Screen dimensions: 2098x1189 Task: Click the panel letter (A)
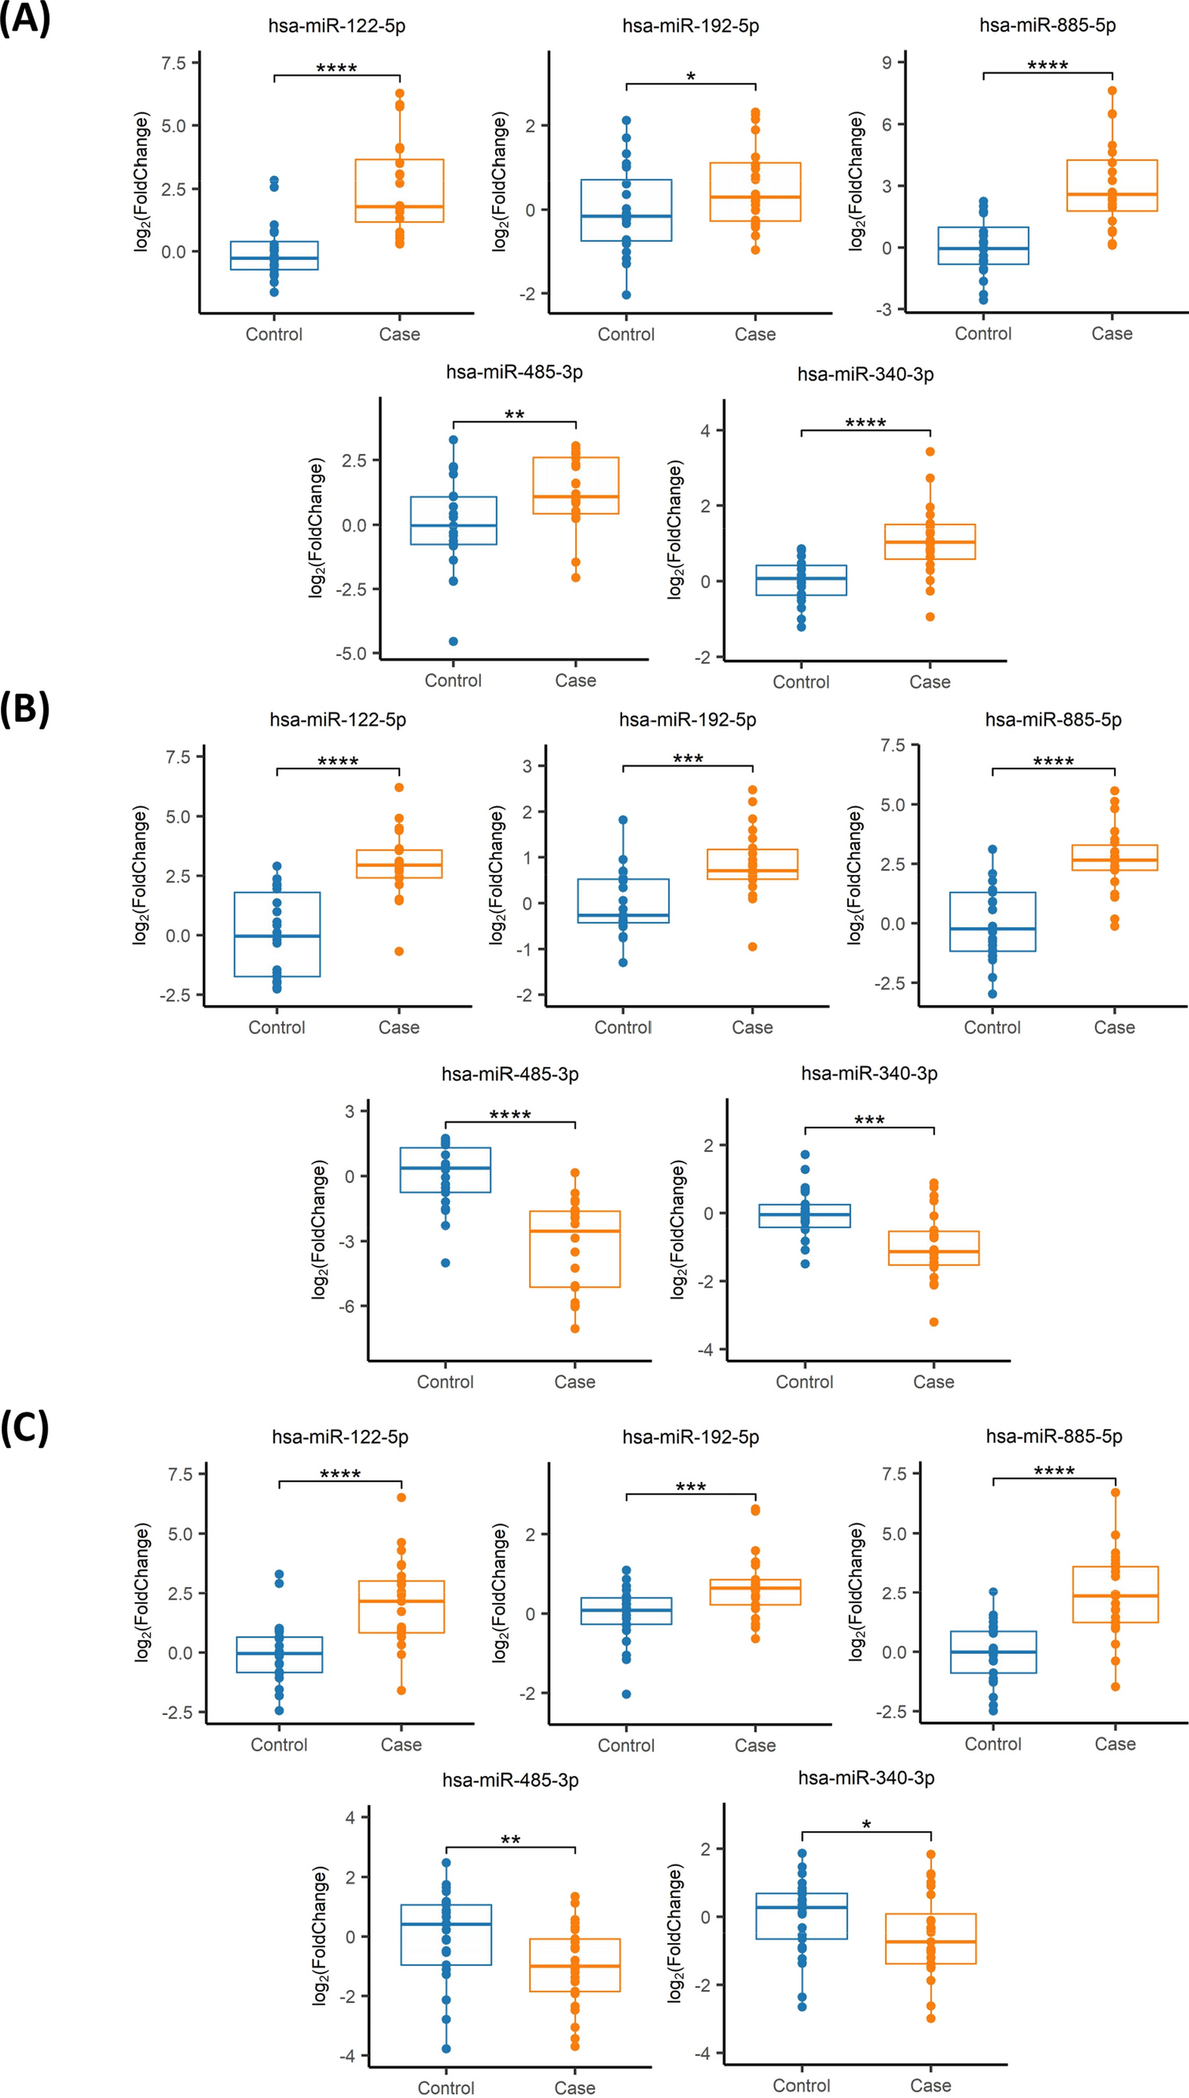25,18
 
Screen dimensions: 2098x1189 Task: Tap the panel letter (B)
25,708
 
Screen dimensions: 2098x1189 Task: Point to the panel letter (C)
25,1427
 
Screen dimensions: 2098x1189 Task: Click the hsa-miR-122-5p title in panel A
336,26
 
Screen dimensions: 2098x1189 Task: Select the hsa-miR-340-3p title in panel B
869,1073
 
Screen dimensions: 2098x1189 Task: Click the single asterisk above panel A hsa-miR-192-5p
691,77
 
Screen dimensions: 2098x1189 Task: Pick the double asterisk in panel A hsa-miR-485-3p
515,415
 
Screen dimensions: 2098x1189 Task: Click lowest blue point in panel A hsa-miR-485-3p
453,641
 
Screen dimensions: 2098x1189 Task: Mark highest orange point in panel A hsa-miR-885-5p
1112,91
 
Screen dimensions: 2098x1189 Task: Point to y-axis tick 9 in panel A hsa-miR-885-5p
887,62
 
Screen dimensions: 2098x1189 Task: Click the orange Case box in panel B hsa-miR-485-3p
575,1248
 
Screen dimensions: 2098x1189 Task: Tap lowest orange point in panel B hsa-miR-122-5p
399,951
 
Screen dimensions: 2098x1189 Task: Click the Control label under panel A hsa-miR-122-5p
274,334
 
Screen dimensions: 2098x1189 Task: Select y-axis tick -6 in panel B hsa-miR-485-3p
350,1306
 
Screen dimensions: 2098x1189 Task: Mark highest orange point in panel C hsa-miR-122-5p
402,1497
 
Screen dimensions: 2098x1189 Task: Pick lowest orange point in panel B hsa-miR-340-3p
934,1321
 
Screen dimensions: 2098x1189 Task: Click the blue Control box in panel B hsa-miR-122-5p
277,934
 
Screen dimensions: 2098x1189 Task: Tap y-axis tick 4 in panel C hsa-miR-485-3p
351,1818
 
